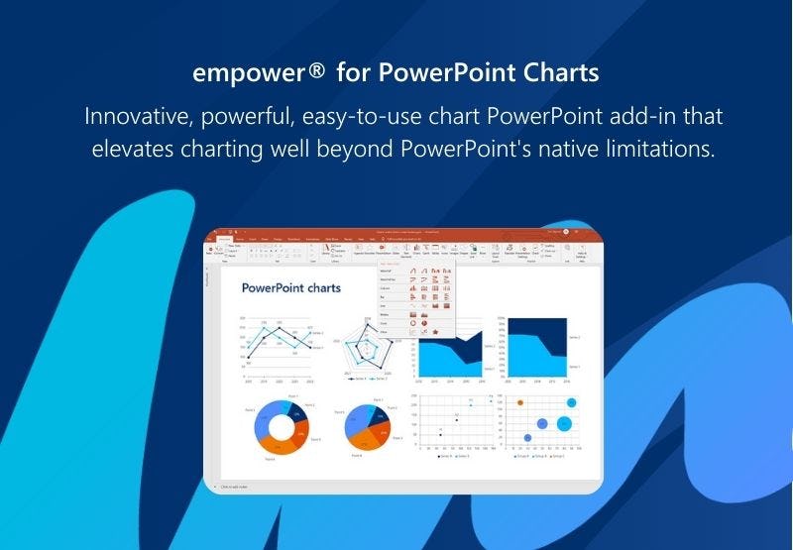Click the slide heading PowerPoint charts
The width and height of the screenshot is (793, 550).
[x=290, y=288]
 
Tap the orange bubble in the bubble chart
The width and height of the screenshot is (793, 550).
[x=519, y=402]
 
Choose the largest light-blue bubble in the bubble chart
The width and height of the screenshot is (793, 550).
[x=564, y=423]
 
